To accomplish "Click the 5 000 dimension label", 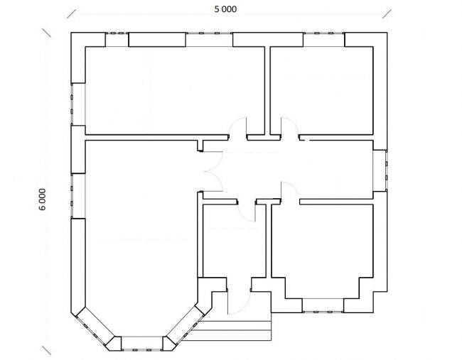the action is [x=225, y=9].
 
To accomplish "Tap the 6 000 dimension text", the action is [x=43, y=200].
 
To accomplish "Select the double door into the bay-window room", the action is [x=213, y=171].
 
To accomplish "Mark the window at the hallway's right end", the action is [x=380, y=170].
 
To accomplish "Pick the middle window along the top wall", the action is [x=209, y=40].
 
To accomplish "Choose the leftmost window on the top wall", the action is [x=117, y=40].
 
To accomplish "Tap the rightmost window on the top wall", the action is [x=324, y=40].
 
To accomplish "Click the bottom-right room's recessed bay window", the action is [x=323, y=305].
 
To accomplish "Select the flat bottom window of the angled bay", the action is [x=142, y=344].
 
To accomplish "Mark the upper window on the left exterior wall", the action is [x=78, y=104].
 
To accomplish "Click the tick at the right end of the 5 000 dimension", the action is [x=387, y=13].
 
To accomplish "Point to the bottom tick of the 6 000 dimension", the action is [x=46, y=350].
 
